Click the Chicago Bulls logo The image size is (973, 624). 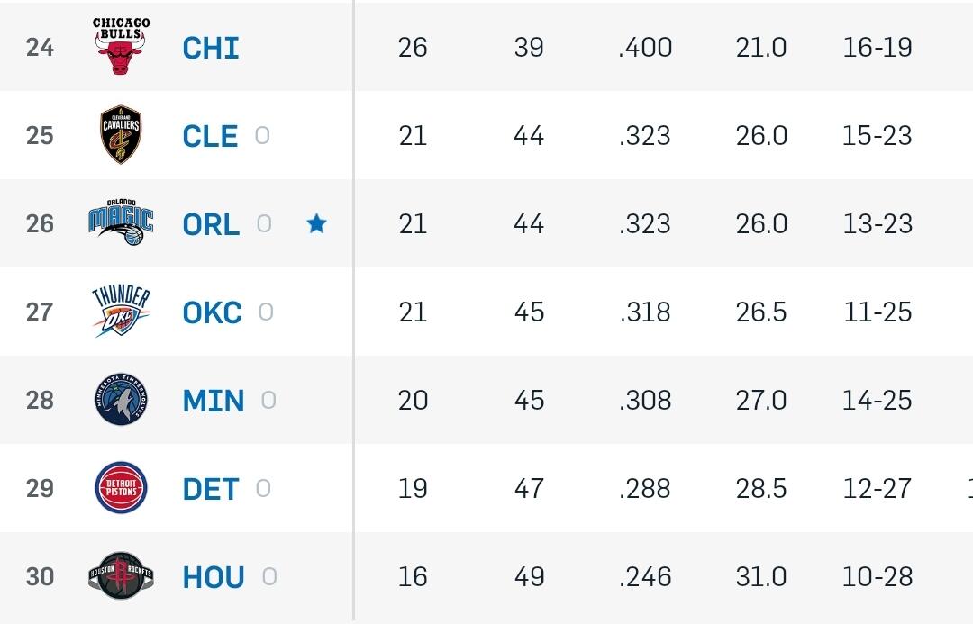coord(121,46)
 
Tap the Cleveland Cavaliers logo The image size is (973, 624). coord(121,135)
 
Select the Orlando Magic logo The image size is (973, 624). coord(121,222)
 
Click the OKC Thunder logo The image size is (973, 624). coord(121,312)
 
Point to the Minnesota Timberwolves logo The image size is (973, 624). coord(121,400)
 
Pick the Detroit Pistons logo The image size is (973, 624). coord(121,488)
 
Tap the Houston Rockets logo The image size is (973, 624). coord(121,575)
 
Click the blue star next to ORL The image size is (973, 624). coord(316,223)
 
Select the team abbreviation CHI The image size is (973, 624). coord(211,48)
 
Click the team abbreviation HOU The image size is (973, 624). coord(214,577)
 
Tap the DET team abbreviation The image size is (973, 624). coord(211,489)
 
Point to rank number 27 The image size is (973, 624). coord(40,312)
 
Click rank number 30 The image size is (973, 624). coord(40,576)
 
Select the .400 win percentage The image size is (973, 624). coord(645,48)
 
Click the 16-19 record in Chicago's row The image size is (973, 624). coord(878,48)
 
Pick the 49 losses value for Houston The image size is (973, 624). coord(529,576)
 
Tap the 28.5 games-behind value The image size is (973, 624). coord(761,488)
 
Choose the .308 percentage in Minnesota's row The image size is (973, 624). coord(645,400)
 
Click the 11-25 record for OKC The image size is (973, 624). coord(878,312)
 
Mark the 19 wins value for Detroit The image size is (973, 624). coord(413,488)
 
